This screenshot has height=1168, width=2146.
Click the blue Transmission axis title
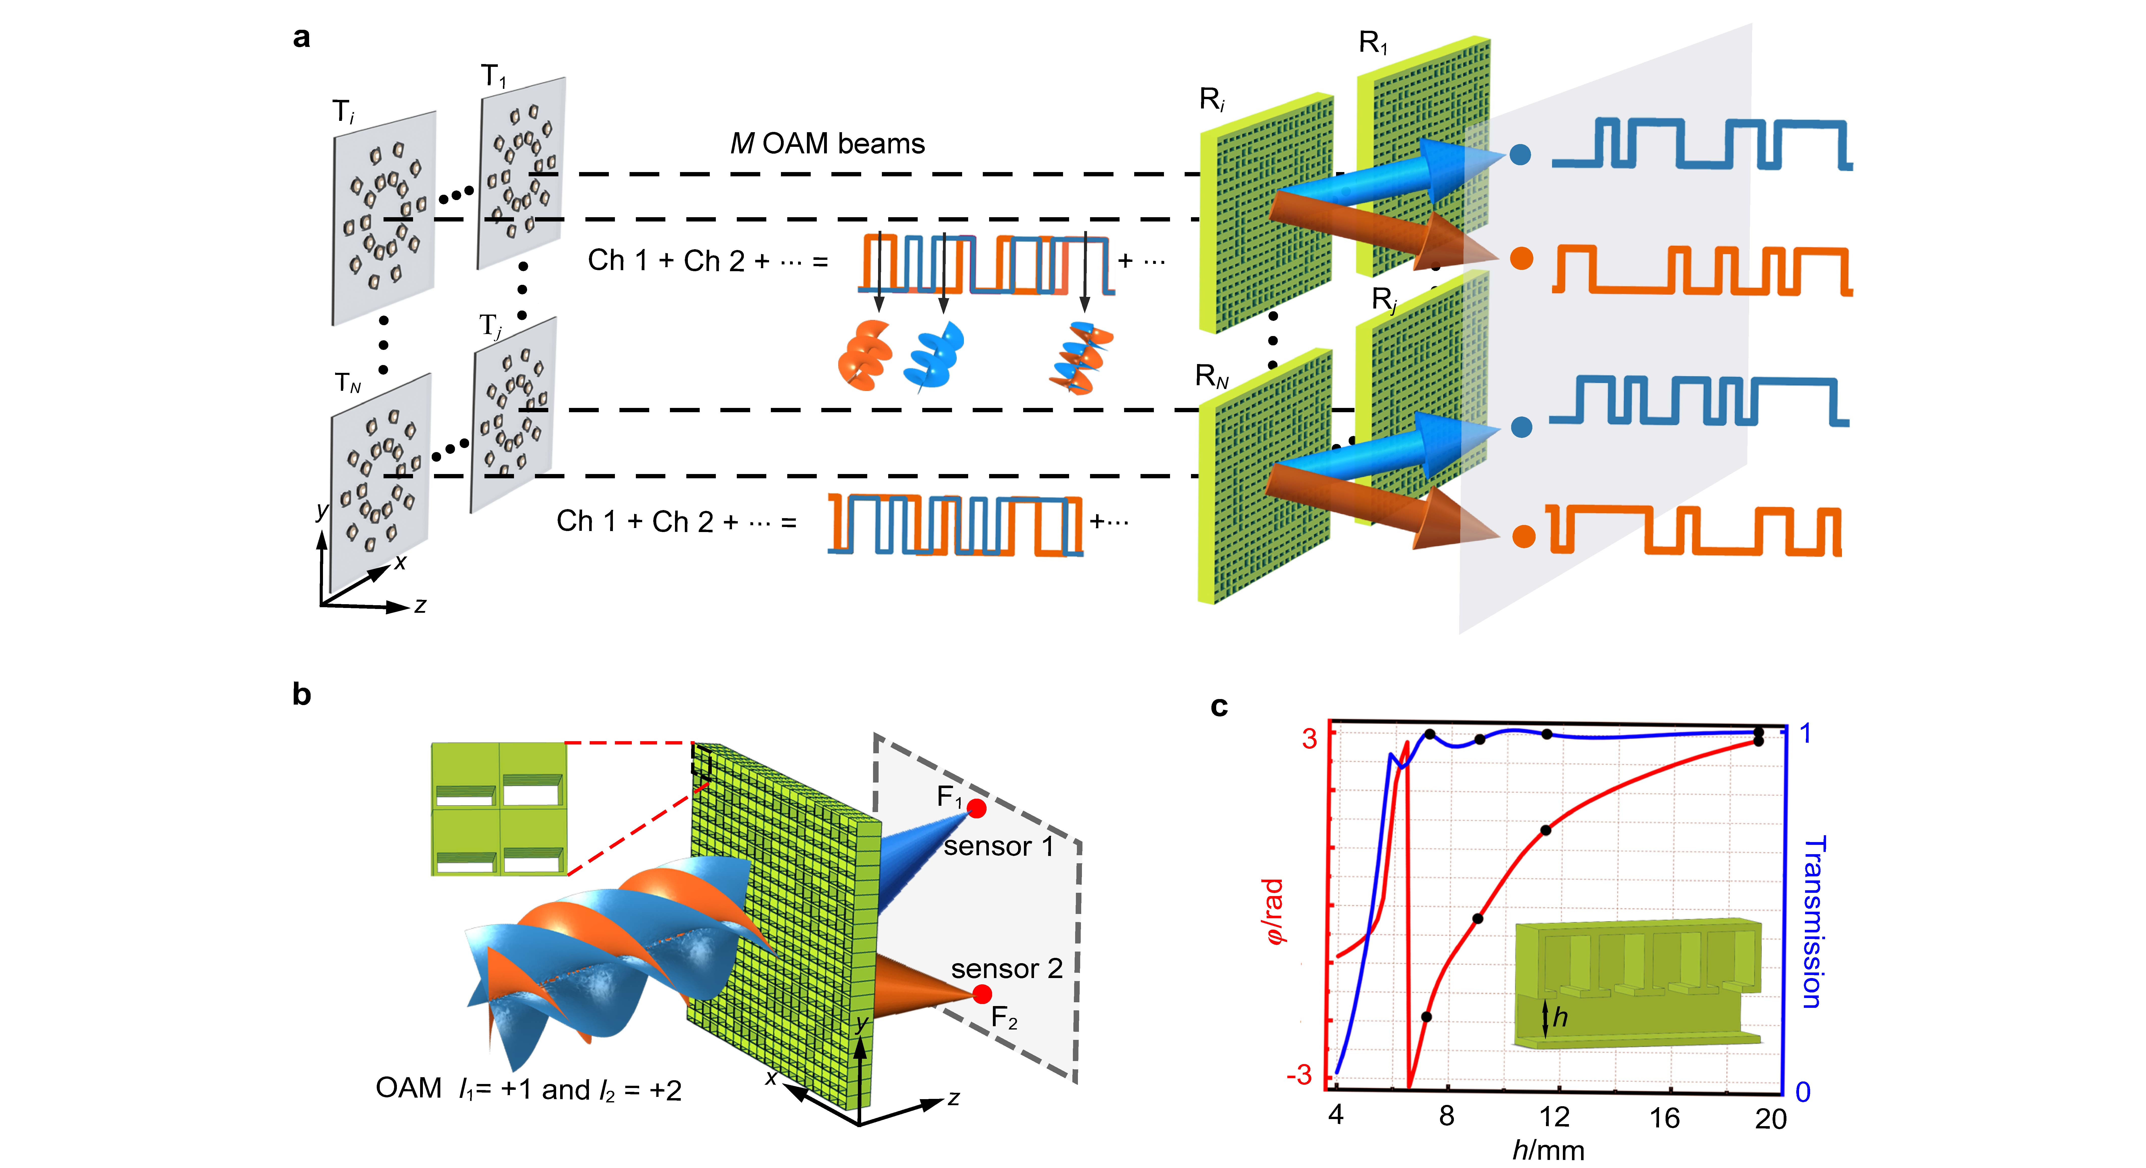click(x=1814, y=921)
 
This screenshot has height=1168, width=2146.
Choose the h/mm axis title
click(x=1548, y=1151)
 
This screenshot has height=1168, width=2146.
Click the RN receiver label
click(x=1211, y=377)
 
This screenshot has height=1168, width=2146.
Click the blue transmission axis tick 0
click(x=1803, y=1091)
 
